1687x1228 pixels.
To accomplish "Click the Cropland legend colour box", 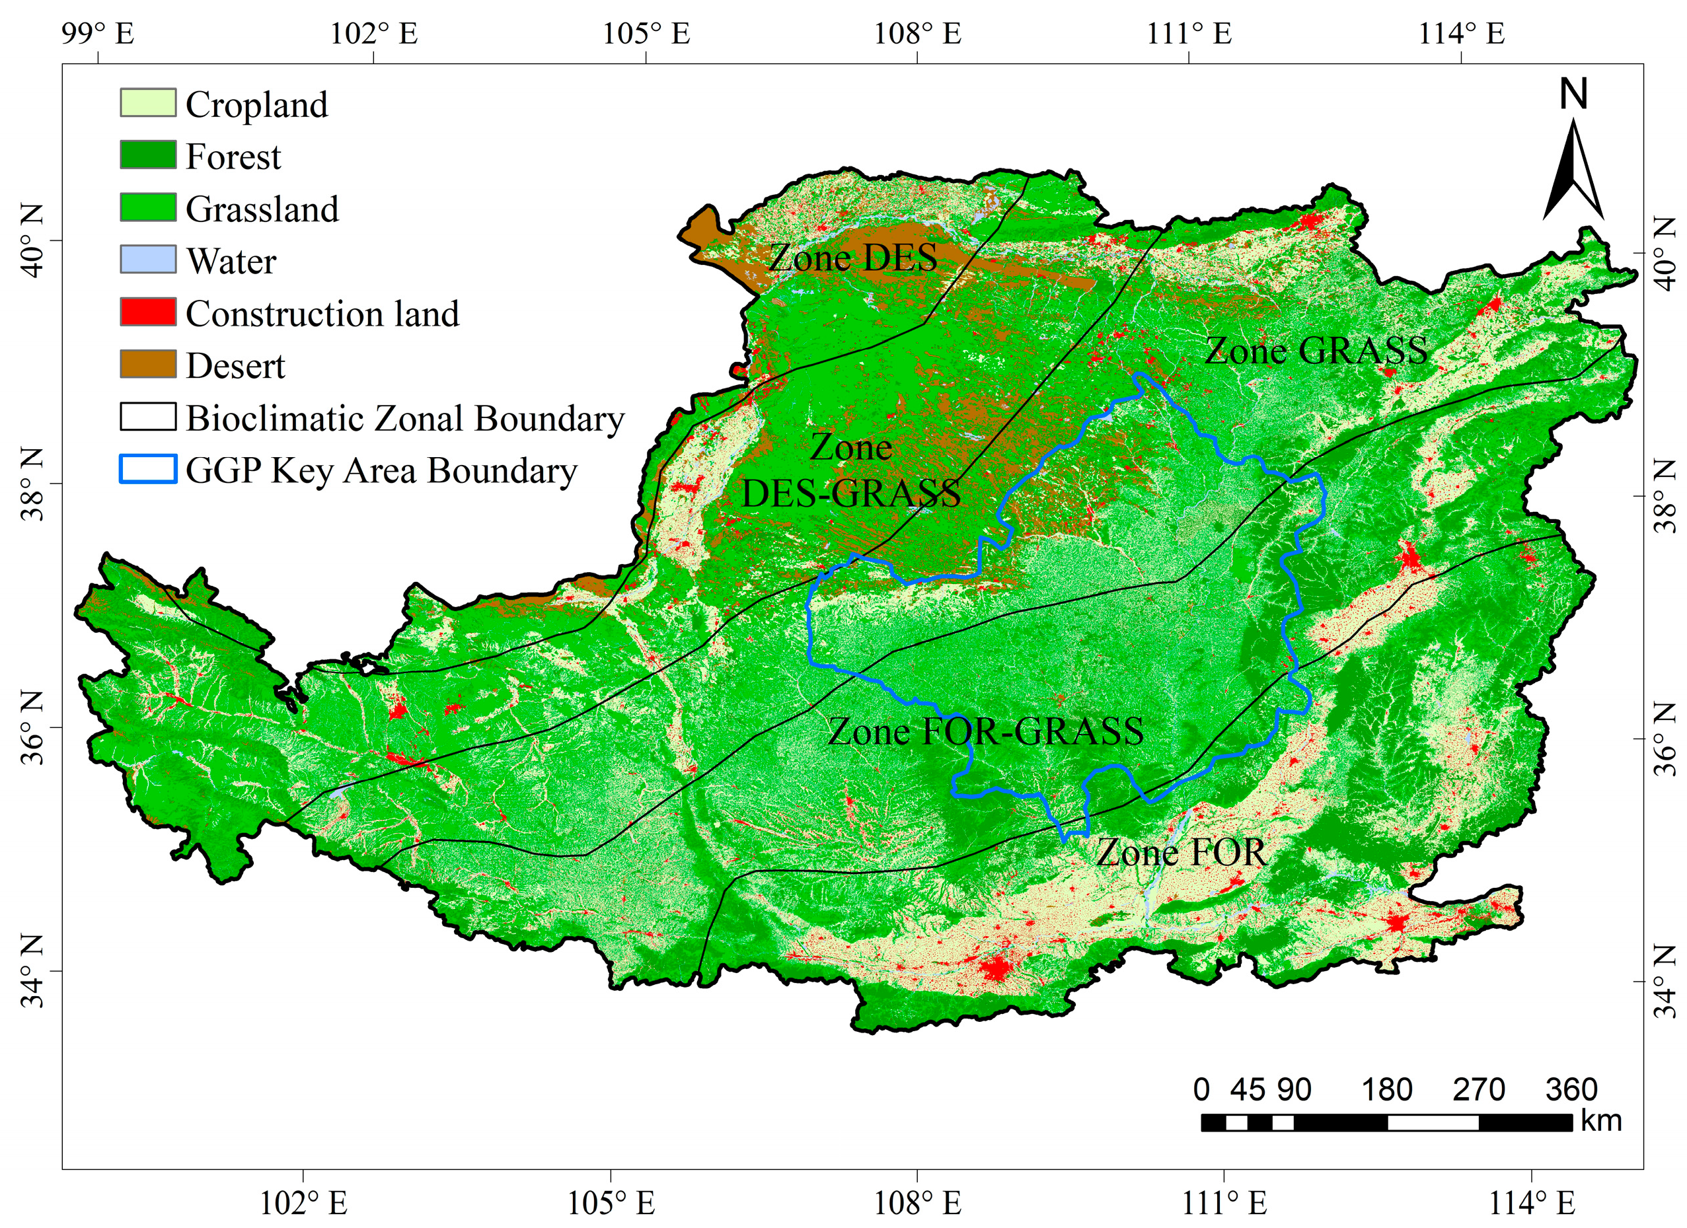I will pyautogui.click(x=148, y=102).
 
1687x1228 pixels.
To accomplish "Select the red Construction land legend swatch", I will pyautogui.click(x=148, y=312).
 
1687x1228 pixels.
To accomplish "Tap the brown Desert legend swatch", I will pyautogui.click(x=148, y=365).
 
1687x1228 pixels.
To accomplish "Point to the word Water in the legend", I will pyautogui.click(x=231, y=261).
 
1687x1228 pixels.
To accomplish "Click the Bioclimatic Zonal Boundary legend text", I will pyautogui.click(x=404, y=418).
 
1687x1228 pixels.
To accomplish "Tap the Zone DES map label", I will pyautogui.click(x=852, y=258).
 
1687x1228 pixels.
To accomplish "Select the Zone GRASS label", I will pyautogui.click(x=1316, y=350).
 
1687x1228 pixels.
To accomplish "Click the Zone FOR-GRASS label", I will pyautogui.click(x=986, y=731).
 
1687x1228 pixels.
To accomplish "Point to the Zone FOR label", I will pyautogui.click(x=1180, y=852).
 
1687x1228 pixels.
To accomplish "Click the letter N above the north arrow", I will pyautogui.click(x=1573, y=94).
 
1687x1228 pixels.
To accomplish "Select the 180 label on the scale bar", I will pyautogui.click(x=1386, y=1091).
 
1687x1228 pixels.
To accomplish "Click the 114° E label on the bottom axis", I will pyautogui.click(x=1532, y=1204).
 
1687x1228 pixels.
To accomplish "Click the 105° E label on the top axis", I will pyautogui.click(x=646, y=34).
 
